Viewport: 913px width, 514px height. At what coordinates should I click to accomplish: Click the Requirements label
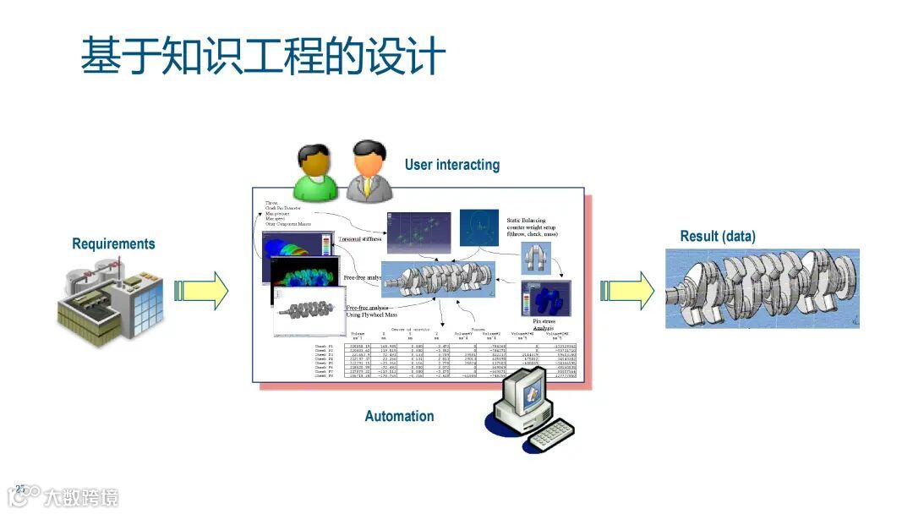tap(113, 244)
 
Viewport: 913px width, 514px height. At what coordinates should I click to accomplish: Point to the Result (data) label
tap(718, 237)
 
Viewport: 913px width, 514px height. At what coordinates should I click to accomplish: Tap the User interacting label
tap(451, 165)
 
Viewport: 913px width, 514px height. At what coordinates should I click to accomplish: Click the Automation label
tap(399, 416)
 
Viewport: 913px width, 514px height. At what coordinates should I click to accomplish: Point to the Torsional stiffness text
tap(361, 239)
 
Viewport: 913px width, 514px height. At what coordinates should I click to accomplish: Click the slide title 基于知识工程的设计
tap(263, 56)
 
